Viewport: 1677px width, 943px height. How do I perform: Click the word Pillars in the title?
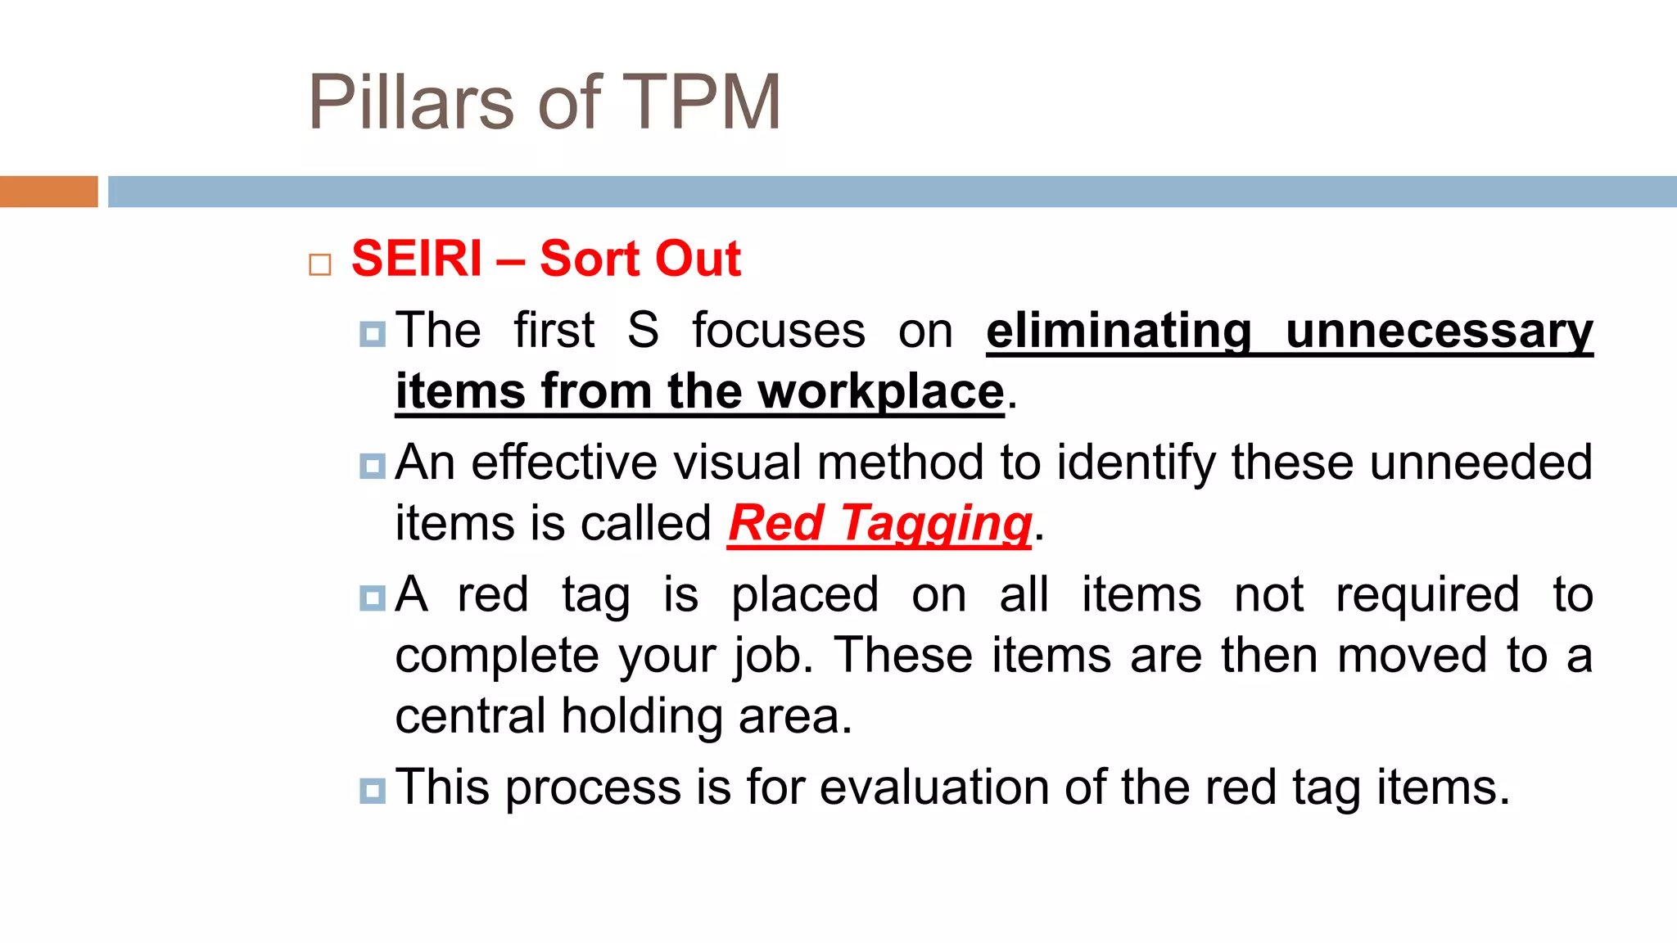click(x=410, y=102)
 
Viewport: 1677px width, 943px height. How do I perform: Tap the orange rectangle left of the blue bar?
click(x=48, y=192)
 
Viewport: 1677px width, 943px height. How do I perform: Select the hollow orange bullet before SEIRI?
click(x=320, y=264)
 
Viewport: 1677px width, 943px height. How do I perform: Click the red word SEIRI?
click(x=417, y=259)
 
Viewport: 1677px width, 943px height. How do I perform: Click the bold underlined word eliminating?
click(x=1119, y=331)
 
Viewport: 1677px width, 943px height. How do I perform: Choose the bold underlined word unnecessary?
click(x=1439, y=331)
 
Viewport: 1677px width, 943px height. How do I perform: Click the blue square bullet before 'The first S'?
click(x=372, y=333)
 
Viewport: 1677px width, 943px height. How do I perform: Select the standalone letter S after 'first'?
click(x=643, y=331)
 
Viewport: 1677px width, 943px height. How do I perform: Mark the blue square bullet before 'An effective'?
click(x=372, y=466)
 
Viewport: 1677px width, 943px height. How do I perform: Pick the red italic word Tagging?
click(x=936, y=524)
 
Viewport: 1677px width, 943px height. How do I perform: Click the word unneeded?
click(x=1480, y=462)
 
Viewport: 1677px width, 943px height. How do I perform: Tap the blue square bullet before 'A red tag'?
click(x=372, y=598)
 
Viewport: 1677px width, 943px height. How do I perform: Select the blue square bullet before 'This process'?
click(x=372, y=791)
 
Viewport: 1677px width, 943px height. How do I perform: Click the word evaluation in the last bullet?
click(x=933, y=787)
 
